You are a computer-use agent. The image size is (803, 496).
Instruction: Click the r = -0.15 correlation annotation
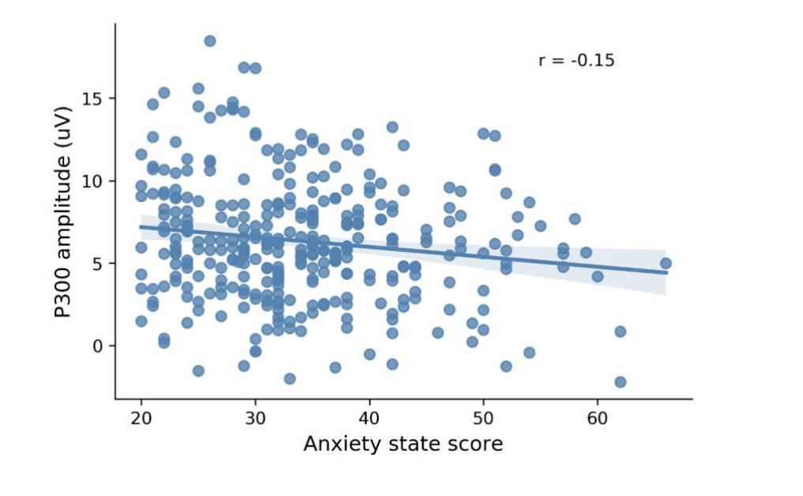[x=576, y=61]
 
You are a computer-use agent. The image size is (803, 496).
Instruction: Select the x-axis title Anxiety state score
[x=402, y=445]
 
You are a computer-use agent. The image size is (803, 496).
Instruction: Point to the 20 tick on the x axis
[x=141, y=416]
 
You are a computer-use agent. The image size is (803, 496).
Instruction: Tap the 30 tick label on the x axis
[x=255, y=416]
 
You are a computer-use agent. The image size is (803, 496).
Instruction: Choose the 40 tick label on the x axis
[x=369, y=416]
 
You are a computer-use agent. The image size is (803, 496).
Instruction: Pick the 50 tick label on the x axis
[x=483, y=416]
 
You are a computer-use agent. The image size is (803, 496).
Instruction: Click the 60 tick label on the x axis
[x=597, y=416]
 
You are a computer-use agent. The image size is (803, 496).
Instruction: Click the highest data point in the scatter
[x=209, y=41]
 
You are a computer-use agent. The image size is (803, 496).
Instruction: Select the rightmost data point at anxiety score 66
[x=665, y=263]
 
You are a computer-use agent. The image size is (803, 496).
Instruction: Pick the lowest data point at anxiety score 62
[x=620, y=382]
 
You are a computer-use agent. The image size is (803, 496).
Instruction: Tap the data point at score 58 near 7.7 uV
[x=575, y=219]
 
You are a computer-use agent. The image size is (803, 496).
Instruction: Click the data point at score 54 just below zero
[x=529, y=353]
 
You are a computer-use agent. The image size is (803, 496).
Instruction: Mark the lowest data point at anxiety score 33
[x=289, y=379]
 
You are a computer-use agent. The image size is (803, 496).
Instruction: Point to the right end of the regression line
[x=665, y=273]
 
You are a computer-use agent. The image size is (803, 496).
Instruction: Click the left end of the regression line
[x=141, y=227]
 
